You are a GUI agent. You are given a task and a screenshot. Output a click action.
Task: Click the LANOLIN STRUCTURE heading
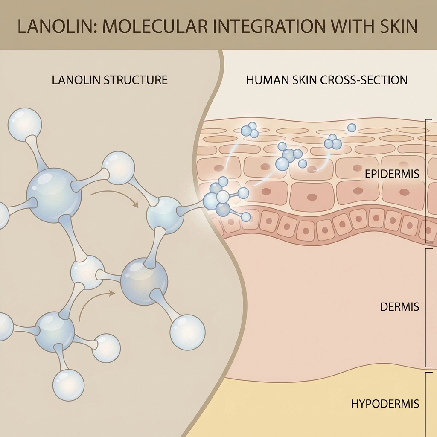(x=110, y=80)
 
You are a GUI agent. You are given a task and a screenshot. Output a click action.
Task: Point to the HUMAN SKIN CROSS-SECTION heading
(x=327, y=80)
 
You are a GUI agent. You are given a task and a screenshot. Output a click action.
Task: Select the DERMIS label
(x=399, y=307)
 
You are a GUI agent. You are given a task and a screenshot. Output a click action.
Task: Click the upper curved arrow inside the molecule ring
(x=115, y=199)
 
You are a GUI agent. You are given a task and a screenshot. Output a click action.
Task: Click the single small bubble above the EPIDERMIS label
(x=352, y=127)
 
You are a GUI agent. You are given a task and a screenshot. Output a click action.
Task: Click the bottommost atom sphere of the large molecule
(x=68, y=385)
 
